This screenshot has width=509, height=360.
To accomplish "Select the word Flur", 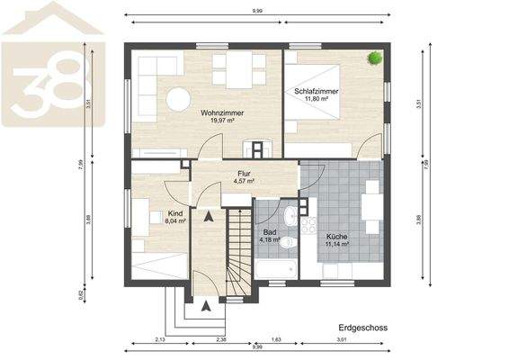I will click(244, 174).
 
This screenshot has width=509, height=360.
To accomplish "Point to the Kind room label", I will click(175, 213).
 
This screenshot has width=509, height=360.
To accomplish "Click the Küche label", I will click(337, 237).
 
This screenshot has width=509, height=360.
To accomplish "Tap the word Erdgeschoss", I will click(363, 328).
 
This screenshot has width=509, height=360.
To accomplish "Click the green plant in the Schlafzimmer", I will click(373, 58).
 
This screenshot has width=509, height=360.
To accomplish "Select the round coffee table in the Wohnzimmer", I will click(177, 97).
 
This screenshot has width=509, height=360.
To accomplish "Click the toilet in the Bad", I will click(287, 242).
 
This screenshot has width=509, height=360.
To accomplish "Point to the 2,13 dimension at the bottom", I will click(160, 340).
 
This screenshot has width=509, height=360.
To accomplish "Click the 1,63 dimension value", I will click(277, 340).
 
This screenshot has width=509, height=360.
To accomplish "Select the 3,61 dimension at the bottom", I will click(342, 340).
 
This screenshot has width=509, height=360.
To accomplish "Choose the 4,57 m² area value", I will click(244, 182).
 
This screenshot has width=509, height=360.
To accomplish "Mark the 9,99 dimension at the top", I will click(258, 12).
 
